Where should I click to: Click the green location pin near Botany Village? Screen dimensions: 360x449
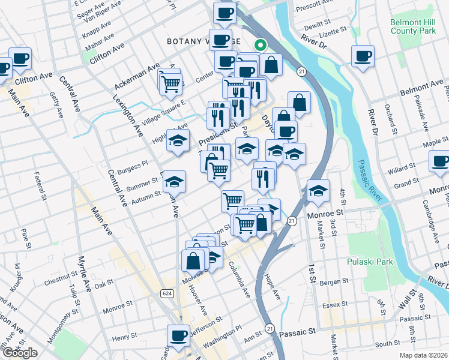point(261,44)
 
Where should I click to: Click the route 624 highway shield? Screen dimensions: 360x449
point(167,293)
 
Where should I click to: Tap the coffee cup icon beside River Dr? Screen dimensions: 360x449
point(362,57)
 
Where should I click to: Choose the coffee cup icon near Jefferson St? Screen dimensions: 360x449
point(178,336)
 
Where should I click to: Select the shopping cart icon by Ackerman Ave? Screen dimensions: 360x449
point(171,84)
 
